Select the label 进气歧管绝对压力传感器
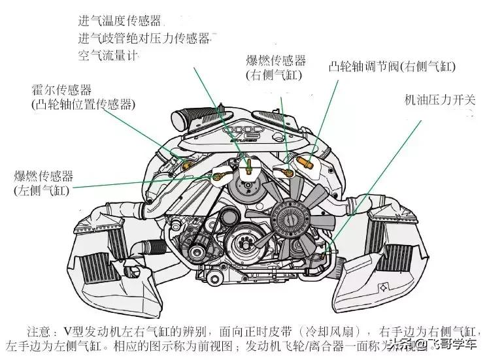tap(145, 39)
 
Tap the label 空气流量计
tap(109, 56)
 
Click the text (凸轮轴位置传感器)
tap(82, 104)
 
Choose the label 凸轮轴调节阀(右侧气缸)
tap(392, 67)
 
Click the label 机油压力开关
tap(440, 100)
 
